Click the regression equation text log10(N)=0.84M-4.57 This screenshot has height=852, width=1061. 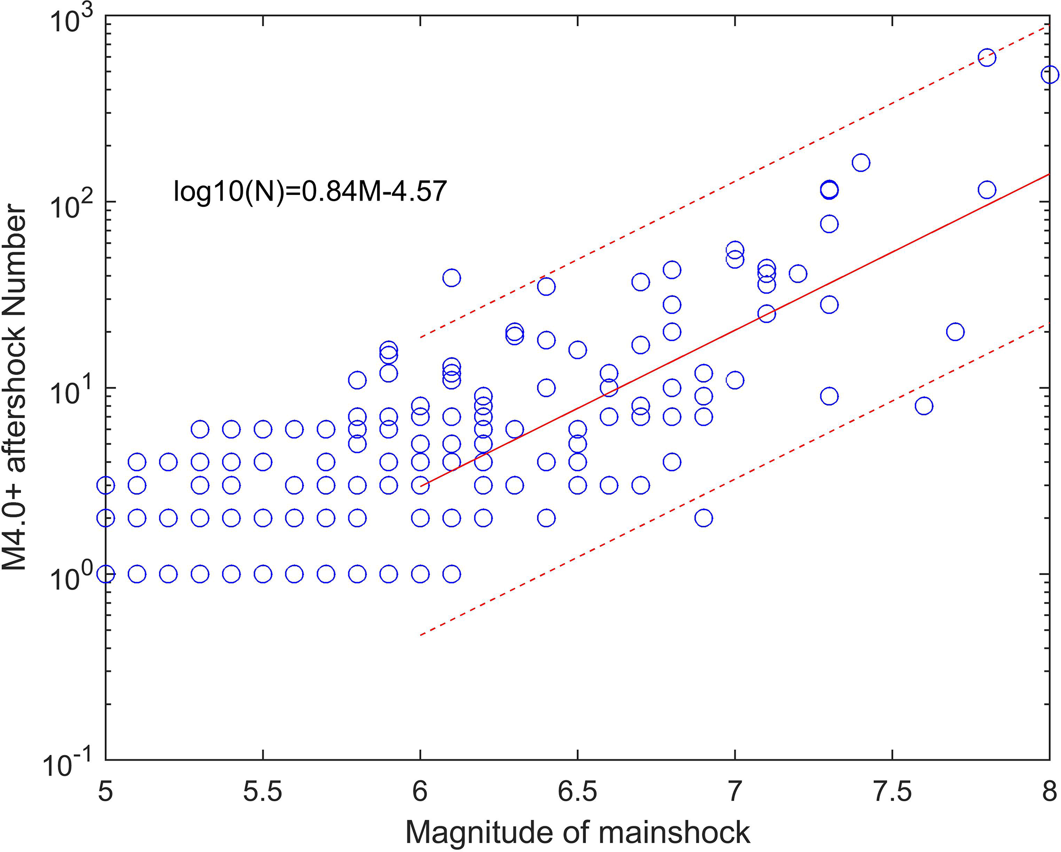310,191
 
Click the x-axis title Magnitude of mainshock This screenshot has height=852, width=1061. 577,832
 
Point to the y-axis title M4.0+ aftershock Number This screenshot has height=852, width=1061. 14,387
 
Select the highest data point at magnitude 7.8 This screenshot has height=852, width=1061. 987,57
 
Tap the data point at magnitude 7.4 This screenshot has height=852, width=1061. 861,163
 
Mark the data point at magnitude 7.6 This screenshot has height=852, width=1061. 924,406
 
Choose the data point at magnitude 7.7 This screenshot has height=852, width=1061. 955,331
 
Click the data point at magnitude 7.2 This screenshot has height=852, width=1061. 798,273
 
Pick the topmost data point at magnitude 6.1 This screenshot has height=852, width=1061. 451,278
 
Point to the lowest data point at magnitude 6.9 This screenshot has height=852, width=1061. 703,518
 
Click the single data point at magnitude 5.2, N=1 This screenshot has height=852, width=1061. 168,573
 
